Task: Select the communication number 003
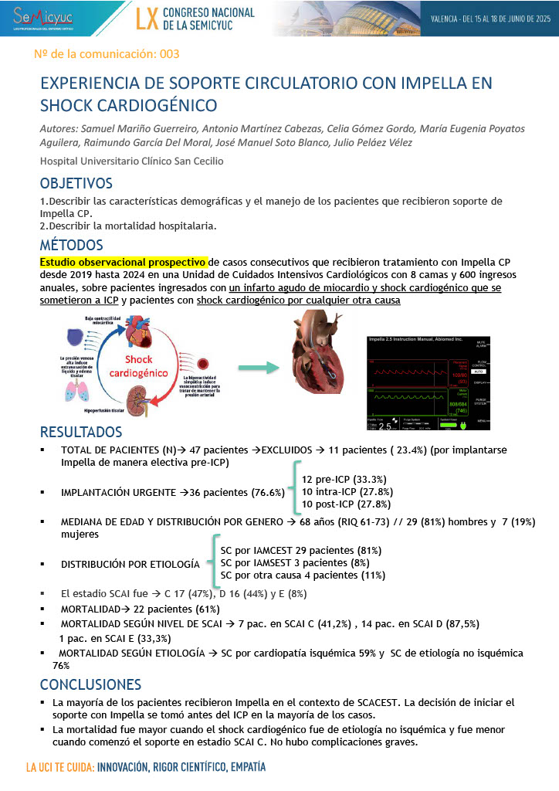pyautogui.click(x=168, y=55)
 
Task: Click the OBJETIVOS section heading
pyautogui.click(x=76, y=184)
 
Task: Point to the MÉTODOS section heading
pyautogui.click(x=72, y=245)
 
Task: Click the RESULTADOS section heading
pyautogui.click(x=81, y=431)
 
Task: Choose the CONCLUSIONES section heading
pyautogui.click(x=90, y=685)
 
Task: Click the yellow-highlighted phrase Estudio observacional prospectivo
pyautogui.click(x=124, y=262)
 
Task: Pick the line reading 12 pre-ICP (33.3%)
pyautogui.click(x=344, y=479)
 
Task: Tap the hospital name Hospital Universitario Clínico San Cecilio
pyautogui.click(x=132, y=161)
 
